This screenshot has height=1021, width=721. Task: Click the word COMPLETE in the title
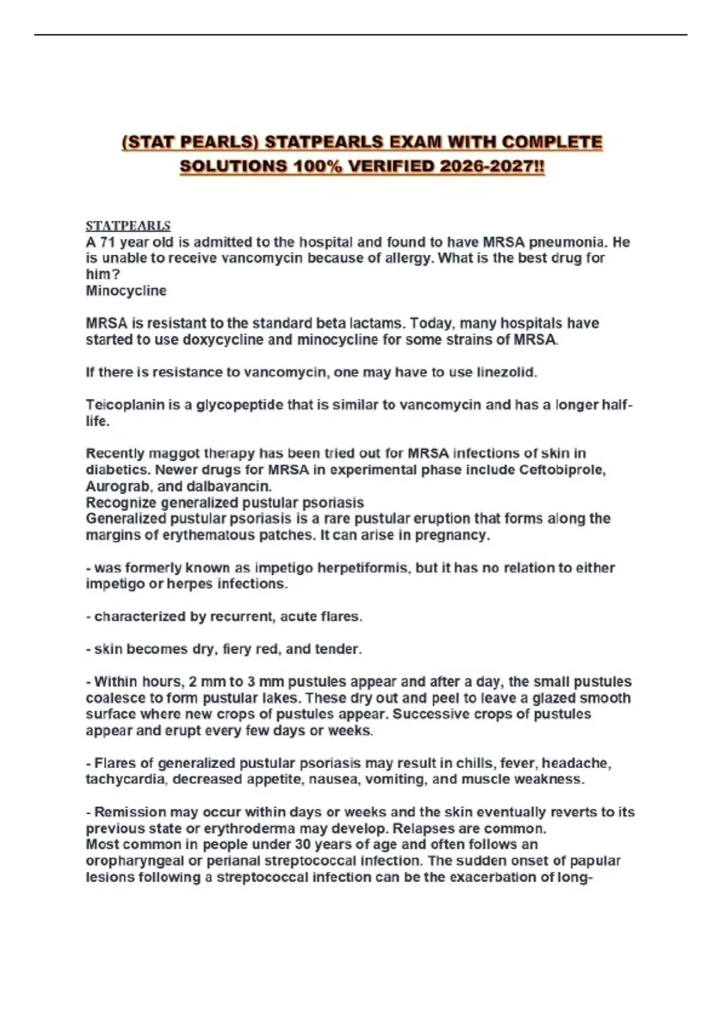[x=552, y=142]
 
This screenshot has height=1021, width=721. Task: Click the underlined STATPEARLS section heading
[x=128, y=226]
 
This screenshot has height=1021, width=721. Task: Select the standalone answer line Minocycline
[x=126, y=291]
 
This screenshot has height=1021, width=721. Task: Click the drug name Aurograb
[x=116, y=486]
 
